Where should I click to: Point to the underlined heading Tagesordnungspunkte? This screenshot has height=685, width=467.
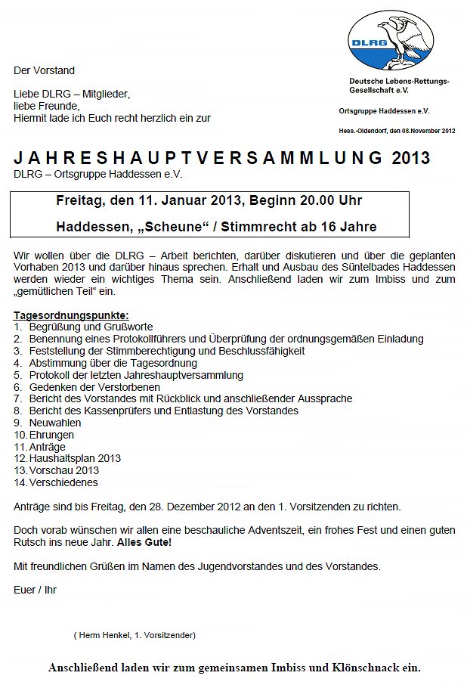pyautogui.click(x=71, y=315)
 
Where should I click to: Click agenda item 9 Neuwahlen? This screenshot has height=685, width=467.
pyautogui.click(x=55, y=423)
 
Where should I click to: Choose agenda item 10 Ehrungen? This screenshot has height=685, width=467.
pyautogui.click(x=51, y=435)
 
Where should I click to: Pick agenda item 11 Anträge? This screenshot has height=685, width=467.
pyautogui.click(x=47, y=447)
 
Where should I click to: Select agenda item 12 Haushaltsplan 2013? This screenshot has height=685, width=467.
pyautogui.click(x=75, y=458)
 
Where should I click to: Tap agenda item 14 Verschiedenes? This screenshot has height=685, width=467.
pyautogui.click(x=63, y=482)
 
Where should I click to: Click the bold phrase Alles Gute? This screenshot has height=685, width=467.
pyautogui.click(x=144, y=542)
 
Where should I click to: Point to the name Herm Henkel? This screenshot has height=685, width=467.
pyautogui.click(x=104, y=635)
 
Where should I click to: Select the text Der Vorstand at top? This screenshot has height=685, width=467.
pyautogui.click(x=44, y=70)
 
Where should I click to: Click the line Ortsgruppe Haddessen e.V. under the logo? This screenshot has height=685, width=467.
pyautogui.click(x=384, y=111)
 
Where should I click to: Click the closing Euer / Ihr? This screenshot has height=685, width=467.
pyautogui.click(x=35, y=589)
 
